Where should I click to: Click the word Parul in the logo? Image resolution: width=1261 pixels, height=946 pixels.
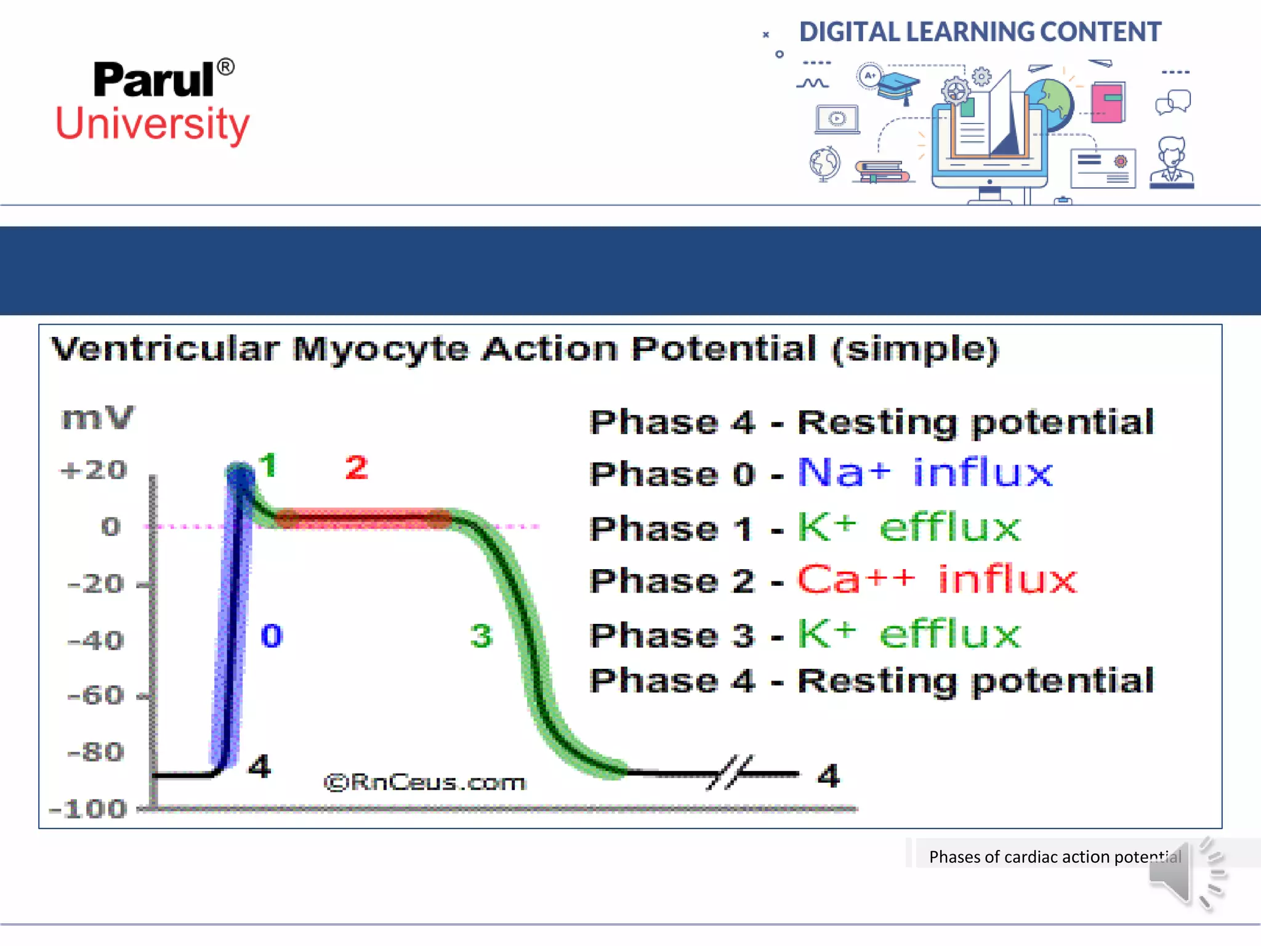tap(154, 81)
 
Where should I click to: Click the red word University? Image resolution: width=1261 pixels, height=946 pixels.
tap(153, 124)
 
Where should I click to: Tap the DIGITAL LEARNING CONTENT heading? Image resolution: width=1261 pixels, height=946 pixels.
tap(980, 32)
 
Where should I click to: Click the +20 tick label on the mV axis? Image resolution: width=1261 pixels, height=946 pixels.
tap(94, 471)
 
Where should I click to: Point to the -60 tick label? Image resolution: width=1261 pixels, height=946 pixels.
tap(95, 696)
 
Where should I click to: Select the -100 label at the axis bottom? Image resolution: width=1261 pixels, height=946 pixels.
tap(88, 809)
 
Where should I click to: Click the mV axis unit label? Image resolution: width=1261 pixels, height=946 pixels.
tap(97, 418)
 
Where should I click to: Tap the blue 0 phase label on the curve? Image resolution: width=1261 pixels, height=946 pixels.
tap(272, 636)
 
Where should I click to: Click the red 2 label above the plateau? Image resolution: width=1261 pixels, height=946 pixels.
tap(357, 467)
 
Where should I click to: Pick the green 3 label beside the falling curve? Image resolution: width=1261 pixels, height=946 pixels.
tap(481, 636)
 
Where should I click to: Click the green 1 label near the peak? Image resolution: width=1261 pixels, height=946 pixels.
tap(267, 465)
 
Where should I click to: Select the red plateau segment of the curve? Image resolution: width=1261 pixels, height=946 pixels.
tap(363, 519)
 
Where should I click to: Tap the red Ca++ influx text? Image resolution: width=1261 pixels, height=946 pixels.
tap(937, 580)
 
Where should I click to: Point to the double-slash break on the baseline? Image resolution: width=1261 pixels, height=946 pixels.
tap(730, 772)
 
